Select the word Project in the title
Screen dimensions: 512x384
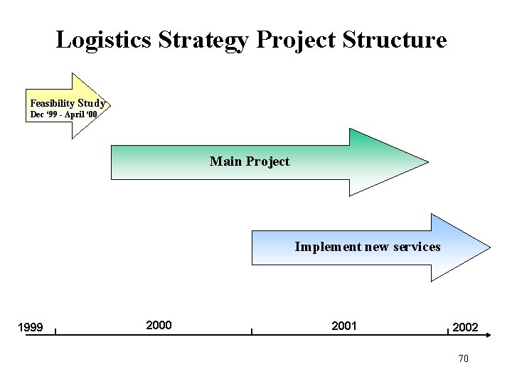[x=297, y=40]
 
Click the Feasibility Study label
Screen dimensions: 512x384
[x=68, y=103]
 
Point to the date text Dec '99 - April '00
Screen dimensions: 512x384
[x=65, y=114]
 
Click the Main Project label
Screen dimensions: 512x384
[x=250, y=161]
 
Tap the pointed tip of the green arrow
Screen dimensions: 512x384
[x=428, y=161]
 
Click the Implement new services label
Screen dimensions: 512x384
[x=368, y=247]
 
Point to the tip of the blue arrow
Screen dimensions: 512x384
[x=489, y=247]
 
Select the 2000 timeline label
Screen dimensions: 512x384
[x=158, y=325]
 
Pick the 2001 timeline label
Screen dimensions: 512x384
[x=344, y=325]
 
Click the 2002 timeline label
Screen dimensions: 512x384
[x=465, y=327]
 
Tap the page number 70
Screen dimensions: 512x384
[x=463, y=358]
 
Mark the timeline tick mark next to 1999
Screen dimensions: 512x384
[x=55, y=330]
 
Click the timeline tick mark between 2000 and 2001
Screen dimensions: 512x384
[x=251, y=330]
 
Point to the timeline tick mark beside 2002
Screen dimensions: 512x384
[x=448, y=330]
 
